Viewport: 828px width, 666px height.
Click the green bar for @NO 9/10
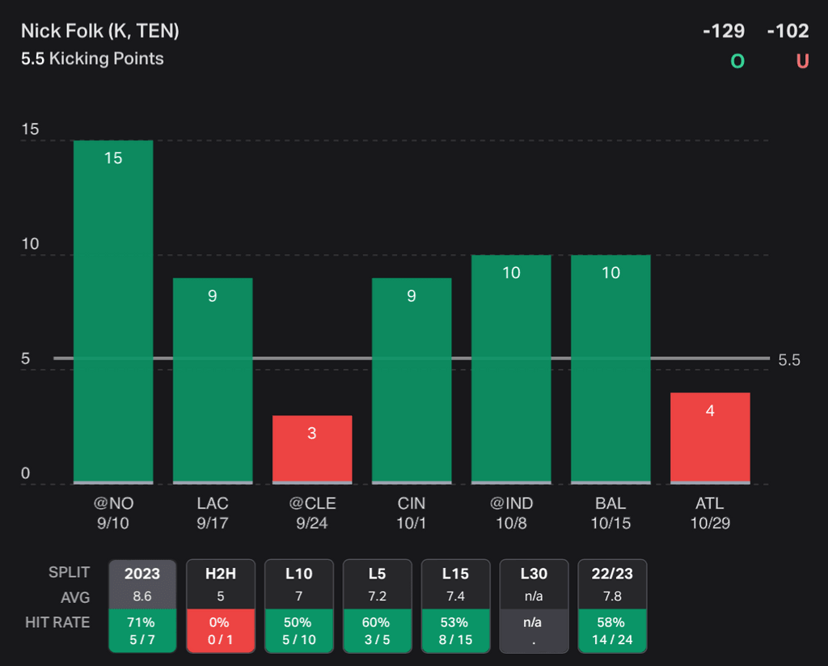point(113,312)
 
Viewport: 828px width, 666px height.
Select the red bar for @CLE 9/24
point(312,449)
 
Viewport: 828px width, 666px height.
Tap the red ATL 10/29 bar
point(710,438)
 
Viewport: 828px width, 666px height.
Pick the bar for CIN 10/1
point(412,380)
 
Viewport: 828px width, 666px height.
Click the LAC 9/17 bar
point(213,380)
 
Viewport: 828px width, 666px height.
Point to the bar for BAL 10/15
point(610,369)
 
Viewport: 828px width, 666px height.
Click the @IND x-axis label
point(511,503)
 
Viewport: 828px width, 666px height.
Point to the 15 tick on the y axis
point(30,130)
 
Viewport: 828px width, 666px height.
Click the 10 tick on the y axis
point(30,244)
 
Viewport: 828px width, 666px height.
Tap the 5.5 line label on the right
point(789,360)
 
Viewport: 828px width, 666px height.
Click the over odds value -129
point(723,31)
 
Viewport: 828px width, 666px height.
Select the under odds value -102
point(788,31)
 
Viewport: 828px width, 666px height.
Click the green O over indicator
point(737,61)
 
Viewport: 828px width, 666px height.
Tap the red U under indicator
point(802,61)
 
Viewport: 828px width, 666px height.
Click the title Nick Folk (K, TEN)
point(100,31)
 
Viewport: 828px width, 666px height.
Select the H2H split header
point(220,574)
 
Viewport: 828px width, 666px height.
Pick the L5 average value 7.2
point(377,597)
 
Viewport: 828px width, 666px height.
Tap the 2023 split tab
point(142,574)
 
